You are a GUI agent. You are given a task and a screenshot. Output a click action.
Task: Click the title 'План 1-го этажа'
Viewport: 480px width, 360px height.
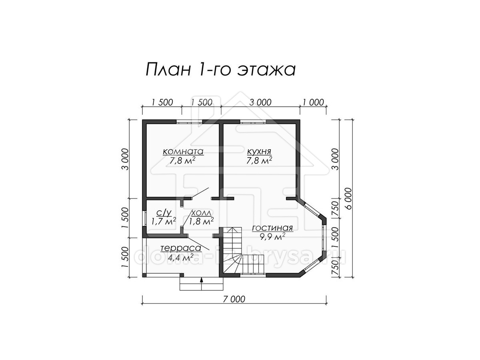(x=220, y=69)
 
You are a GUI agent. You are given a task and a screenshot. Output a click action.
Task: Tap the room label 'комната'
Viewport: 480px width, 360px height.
(x=183, y=151)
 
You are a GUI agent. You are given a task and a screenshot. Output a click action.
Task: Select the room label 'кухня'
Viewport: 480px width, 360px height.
(x=259, y=151)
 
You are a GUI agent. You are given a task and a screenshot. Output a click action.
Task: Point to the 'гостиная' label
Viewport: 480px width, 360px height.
(x=272, y=228)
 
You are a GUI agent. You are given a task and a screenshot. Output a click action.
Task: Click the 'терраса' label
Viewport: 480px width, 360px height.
(x=181, y=248)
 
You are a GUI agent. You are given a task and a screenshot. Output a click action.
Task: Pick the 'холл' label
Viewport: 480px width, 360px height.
(x=202, y=213)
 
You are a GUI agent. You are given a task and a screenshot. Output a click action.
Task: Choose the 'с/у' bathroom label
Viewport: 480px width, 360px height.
(x=164, y=212)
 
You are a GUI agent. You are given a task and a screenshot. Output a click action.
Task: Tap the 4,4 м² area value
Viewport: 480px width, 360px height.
(x=180, y=257)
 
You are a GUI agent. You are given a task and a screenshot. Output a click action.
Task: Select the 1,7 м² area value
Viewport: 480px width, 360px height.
(x=164, y=221)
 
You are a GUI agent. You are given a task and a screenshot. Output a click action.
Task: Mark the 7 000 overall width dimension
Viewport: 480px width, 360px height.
(x=234, y=299)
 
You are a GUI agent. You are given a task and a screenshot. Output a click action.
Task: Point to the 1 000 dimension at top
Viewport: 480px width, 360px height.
(x=313, y=102)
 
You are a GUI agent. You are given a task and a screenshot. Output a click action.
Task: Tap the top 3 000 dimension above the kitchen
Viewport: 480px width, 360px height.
(x=260, y=102)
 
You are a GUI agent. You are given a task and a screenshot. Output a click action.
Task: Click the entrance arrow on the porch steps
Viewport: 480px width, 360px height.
(x=201, y=284)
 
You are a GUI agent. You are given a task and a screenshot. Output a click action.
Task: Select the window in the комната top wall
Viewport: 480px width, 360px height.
(x=190, y=122)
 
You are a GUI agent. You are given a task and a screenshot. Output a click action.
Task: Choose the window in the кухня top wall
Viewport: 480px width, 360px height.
(x=253, y=122)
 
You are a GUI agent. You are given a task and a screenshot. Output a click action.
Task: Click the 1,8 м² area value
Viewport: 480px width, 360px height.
(x=202, y=221)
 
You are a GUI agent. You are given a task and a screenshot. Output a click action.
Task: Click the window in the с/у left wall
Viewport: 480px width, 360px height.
(x=144, y=218)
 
